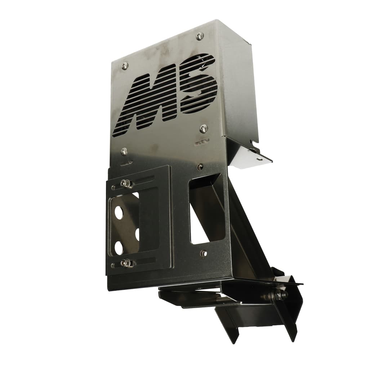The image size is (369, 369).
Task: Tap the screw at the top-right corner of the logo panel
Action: tap(200, 36)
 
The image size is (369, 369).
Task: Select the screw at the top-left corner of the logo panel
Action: tap(125, 66)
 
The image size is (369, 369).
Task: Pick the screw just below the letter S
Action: tap(204, 128)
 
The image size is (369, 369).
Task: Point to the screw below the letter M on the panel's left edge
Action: tap(124, 151)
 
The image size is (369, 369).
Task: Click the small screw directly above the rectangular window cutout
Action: tap(200, 166)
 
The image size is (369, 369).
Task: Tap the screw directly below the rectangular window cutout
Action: tap(204, 253)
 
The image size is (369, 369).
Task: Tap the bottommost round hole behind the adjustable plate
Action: tap(118, 246)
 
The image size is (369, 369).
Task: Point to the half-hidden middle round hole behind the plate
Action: tap(137, 235)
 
